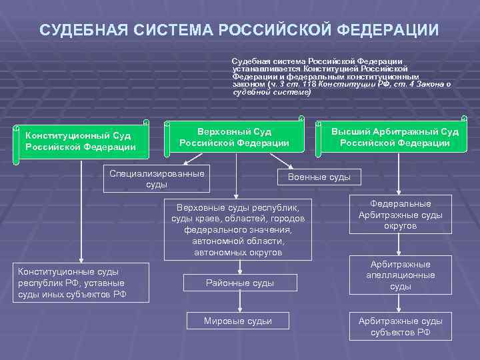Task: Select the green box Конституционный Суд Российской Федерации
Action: click(81, 141)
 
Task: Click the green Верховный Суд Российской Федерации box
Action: click(234, 137)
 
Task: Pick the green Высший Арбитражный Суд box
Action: click(395, 137)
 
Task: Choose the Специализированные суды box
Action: click(157, 179)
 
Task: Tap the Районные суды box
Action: click(239, 283)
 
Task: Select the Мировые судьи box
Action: click(238, 321)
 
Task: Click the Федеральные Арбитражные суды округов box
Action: click(400, 215)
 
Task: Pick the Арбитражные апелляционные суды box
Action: click(400, 275)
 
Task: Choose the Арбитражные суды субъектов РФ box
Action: click(400, 326)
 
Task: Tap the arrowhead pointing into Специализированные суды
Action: click(187, 162)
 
